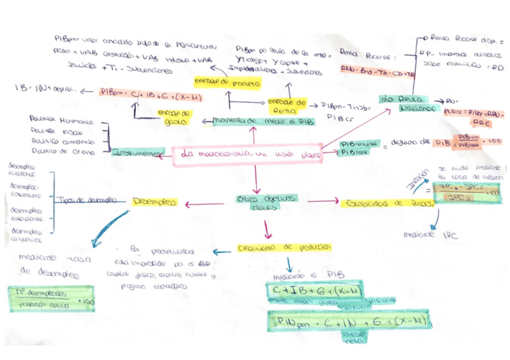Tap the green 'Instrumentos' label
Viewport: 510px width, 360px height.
(138, 153)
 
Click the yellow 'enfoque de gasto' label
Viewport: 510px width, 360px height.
(174, 117)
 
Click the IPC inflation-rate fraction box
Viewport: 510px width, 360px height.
(468, 193)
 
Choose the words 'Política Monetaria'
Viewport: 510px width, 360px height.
(61, 120)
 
